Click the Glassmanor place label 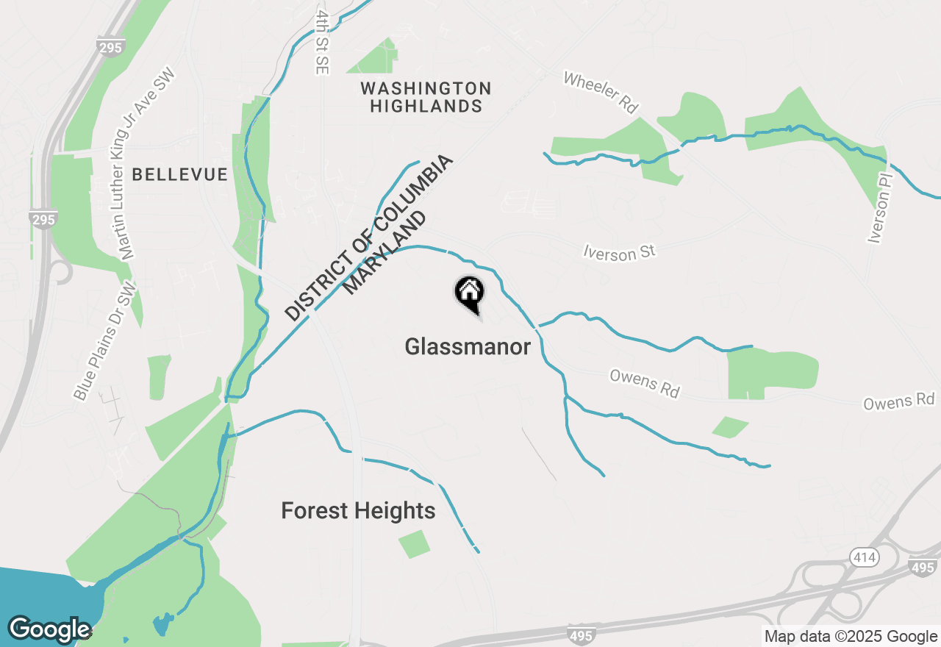pos(468,346)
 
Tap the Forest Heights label pos(358,510)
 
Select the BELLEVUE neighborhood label pos(180,174)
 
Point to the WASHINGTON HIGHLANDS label pos(426,97)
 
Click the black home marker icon pos(468,293)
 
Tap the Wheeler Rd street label pos(600,92)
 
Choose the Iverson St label pos(618,252)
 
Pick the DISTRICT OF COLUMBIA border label pos(370,238)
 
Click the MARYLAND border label pos(384,254)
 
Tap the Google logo pos(49,629)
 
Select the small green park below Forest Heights pos(415,543)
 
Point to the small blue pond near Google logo pos(162,626)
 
